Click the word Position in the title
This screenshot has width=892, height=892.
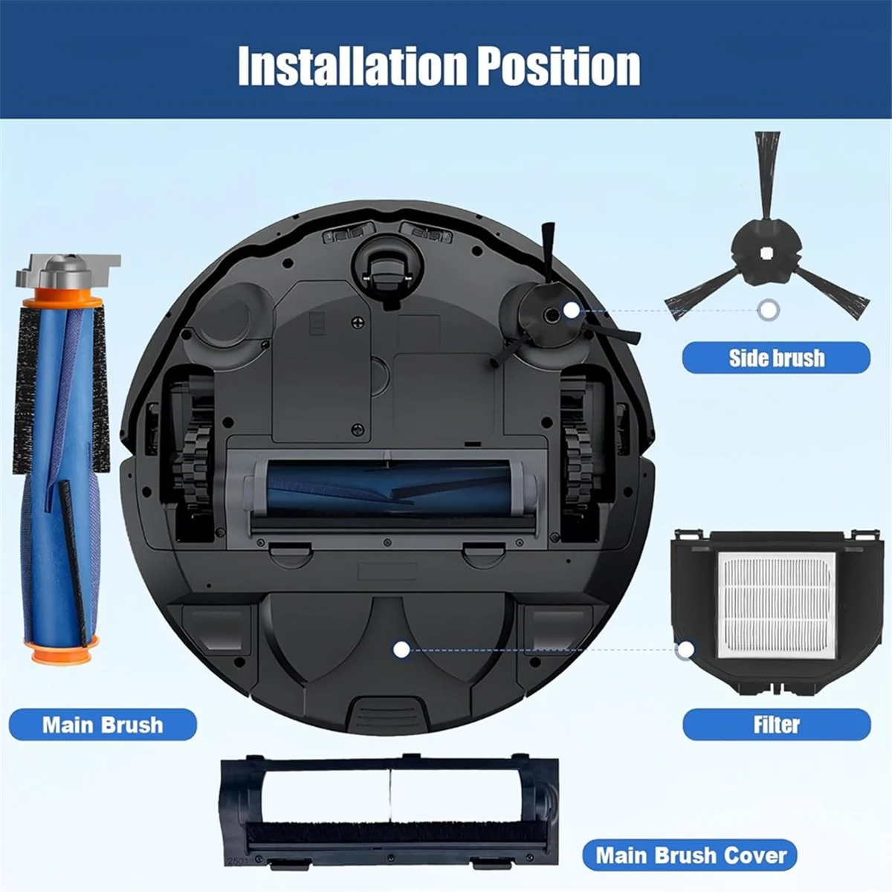click(x=558, y=66)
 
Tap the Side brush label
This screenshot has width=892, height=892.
click(x=776, y=358)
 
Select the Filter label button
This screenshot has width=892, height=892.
click(x=776, y=724)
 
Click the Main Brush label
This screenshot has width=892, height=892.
click(x=103, y=724)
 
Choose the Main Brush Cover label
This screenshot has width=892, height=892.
click(x=691, y=855)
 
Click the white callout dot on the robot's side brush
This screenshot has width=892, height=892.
click(x=571, y=310)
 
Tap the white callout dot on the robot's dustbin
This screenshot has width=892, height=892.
click(x=401, y=650)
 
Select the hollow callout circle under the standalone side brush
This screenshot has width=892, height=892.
click(x=768, y=309)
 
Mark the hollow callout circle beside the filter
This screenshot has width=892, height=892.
click(x=685, y=650)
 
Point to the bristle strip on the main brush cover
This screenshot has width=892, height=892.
click(x=387, y=831)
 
